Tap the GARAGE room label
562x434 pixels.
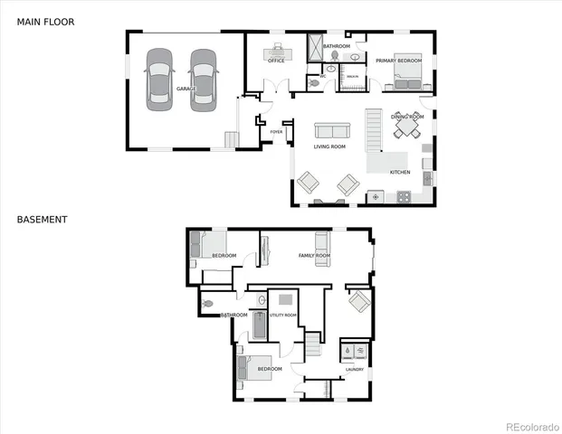coord(186,89)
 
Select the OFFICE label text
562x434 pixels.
coord(276,61)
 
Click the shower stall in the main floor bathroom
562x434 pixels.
coord(315,47)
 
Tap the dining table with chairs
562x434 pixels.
coord(406,130)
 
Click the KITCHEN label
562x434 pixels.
coord(399,172)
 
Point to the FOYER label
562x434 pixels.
coord(277,132)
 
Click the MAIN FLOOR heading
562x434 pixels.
coord(44,20)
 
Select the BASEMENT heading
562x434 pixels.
coord(42,219)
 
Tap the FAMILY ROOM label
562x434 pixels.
coord(314,256)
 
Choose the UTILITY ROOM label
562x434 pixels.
coord(283,315)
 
